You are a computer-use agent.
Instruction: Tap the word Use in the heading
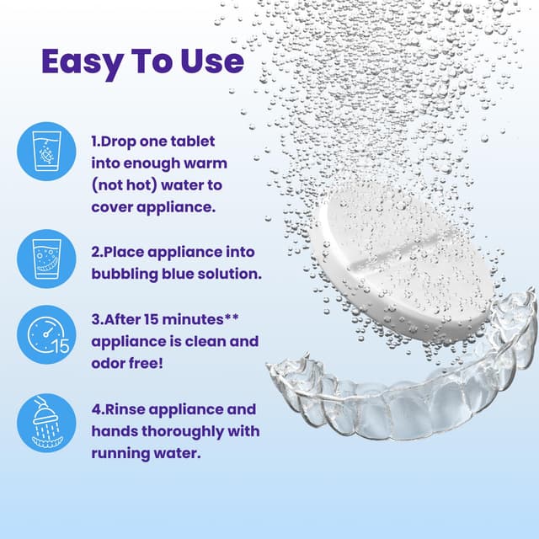pyautogui.click(x=212, y=61)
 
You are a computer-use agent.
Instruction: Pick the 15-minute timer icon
pyautogui.click(x=41, y=334)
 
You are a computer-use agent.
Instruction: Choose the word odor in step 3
pyautogui.click(x=109, y=365)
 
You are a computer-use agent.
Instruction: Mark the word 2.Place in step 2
pyautogui.click(x=117, y=252)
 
